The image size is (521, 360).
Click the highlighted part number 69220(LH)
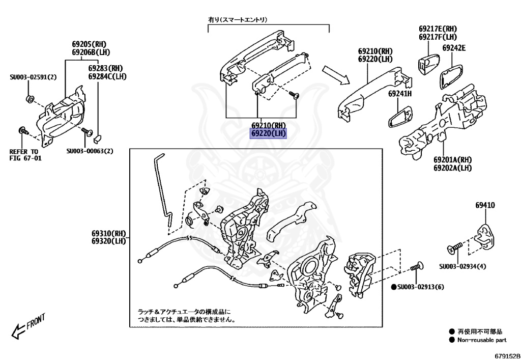pyautogui.click(x=268, y=134)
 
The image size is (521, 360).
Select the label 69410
pyautogui.click(x=485, y=205)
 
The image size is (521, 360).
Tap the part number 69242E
pyautogui.click(x=454, y=48)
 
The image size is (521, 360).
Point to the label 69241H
pyautogui.click(x=400, y=94)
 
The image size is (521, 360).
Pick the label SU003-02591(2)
pyautogui.click(x=33, y=77)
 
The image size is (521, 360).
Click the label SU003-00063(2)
pyautogui.click(x=90, y=151)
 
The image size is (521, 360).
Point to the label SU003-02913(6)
pyautogui.click(x=421, y=287)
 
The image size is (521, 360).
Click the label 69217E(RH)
pyautogui.click(x=438, y=29)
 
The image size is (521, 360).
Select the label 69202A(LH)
pyautogui.click(x=452, y=168)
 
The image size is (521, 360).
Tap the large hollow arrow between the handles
pyautogui.click(x=336, y=74)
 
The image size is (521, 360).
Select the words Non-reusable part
pyautogui.click(x=481, y=340)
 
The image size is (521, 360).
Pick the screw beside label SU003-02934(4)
pyautogui.click(x=454, y=247)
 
